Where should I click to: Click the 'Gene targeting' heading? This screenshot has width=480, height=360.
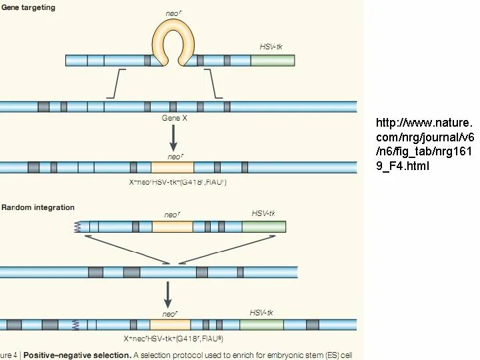(x=28, y=7)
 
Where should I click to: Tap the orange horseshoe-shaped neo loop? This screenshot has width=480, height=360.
(x=174, y=37)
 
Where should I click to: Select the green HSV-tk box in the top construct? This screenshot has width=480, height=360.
(x=272, y=61)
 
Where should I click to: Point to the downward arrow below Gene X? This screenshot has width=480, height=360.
(x=173, y=137)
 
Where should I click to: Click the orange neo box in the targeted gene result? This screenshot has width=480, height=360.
(x=173, y=167)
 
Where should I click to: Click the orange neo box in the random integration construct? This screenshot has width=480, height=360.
(x=172, y=227)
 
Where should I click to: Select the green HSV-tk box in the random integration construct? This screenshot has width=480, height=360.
(x=263, y=227)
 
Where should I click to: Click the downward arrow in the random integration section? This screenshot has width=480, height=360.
(x=168, y=293)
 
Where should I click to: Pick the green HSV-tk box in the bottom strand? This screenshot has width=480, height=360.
(x=261, y=325)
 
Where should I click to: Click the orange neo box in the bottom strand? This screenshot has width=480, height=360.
(x=170, y=325)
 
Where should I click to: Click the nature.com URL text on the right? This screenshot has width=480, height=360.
(x=424, y=145)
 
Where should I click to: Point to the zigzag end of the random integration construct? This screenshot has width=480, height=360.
(x=78, y=227)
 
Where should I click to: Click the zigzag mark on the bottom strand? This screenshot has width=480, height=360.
(x=75, y=325)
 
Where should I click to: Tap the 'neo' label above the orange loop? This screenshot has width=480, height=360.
(x=173, y=13)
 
